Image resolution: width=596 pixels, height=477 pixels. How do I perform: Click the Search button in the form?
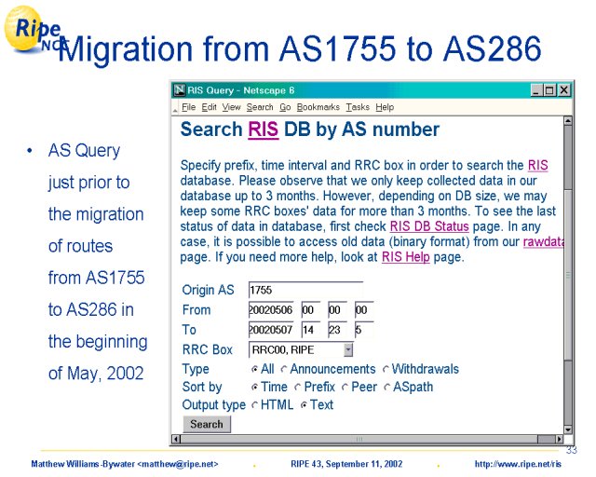click(x=207, y=424)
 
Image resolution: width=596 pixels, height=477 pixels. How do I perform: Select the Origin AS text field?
click(x=305, y=291)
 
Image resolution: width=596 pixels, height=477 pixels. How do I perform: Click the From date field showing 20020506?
click(x=271, y=310)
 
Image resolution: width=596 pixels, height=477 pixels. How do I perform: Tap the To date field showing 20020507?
click(x=271, y=330)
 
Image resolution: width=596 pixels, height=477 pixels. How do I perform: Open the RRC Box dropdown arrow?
click(x=347, y=350)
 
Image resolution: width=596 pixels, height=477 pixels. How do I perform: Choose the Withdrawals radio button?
click(x=386, y=369)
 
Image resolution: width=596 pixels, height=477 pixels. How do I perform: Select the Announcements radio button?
click(x=284, y=369)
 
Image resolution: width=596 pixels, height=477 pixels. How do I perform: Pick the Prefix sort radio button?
click(x=298, y=388)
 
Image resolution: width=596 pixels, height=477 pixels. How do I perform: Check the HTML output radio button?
click(x=254, y=405)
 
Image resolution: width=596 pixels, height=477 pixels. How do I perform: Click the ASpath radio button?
click(x=387, y=388)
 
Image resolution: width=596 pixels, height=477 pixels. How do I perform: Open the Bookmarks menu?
click(x=318, y=107)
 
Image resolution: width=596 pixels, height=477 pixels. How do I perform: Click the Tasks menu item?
click(x=358, y=107)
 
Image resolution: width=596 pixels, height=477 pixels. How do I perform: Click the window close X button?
click(x=564, y=90)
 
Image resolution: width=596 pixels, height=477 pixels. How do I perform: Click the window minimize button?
click(x=536, y=90)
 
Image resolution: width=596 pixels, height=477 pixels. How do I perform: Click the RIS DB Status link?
click(x=429, y=226)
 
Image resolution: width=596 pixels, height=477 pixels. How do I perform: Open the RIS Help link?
click(x=406, y=257)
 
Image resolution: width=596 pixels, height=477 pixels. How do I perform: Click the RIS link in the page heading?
click(x=263, y=129)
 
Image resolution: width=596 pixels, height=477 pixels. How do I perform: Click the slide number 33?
click(x=571, y=450)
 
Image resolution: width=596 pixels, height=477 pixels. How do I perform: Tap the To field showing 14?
click(x=310, y=330)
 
